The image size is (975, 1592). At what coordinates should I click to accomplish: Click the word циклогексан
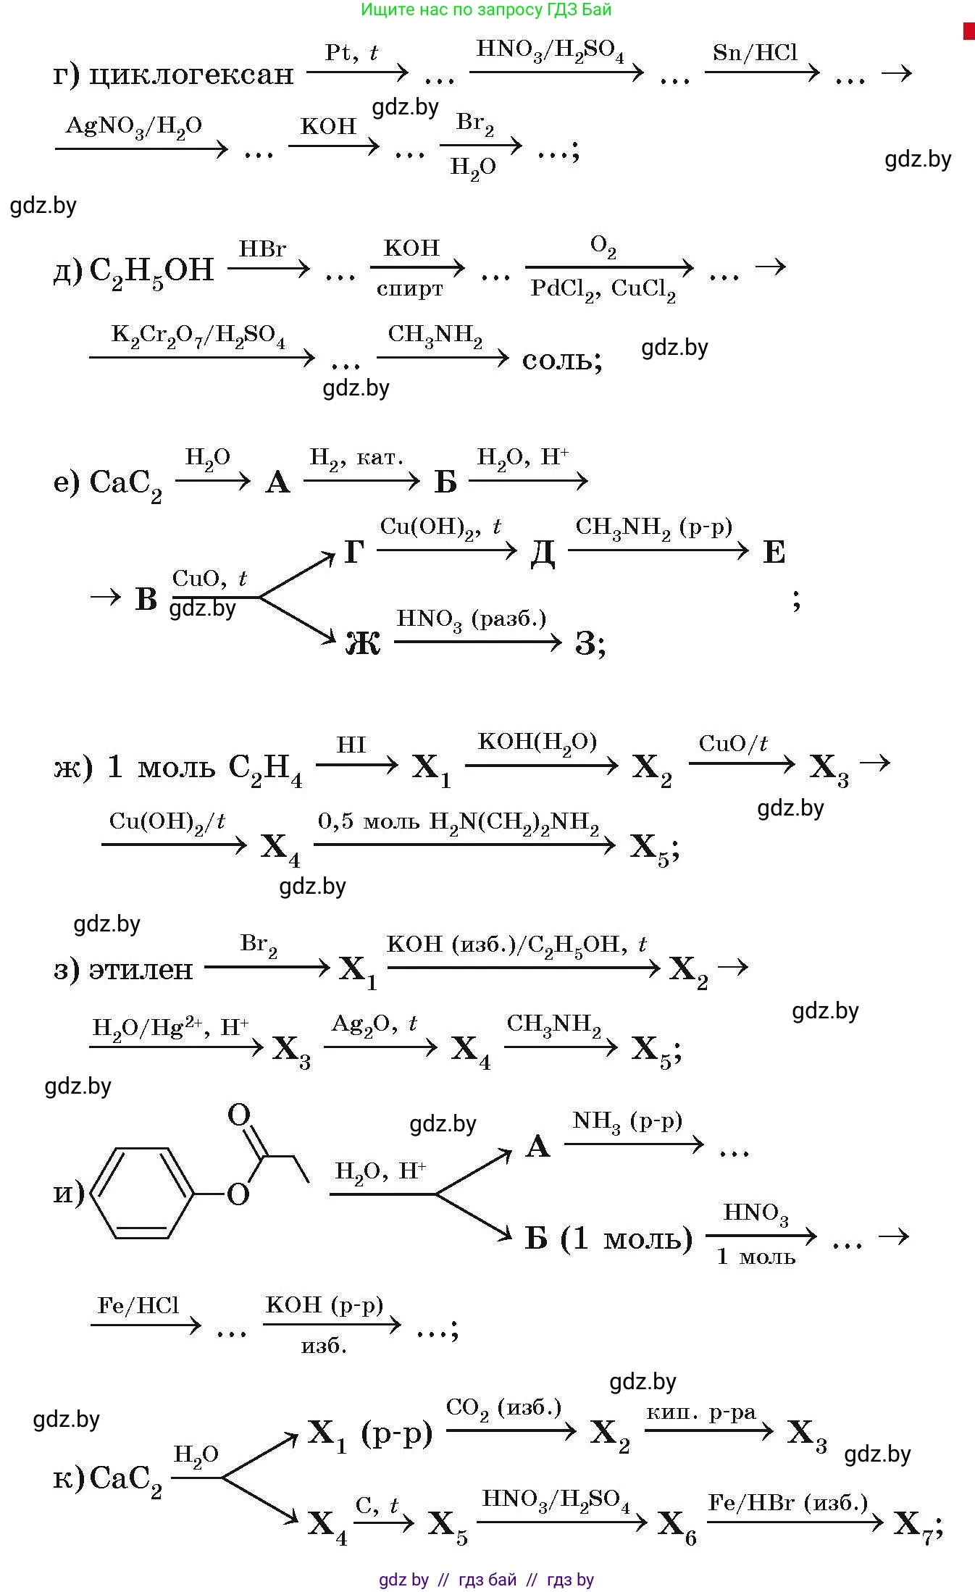coord(191,74)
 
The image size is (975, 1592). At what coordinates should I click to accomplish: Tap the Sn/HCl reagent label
coord(755,53)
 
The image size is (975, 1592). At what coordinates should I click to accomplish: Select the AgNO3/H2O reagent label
coord(134,127)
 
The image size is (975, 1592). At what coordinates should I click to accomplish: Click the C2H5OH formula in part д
coord(151,271)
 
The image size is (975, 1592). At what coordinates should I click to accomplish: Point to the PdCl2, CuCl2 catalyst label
coord(603,290)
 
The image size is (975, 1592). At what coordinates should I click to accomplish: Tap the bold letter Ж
coord(363,642)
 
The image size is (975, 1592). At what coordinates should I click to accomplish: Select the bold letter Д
coord(543,553)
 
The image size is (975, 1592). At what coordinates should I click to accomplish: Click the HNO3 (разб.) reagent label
coord(472,619)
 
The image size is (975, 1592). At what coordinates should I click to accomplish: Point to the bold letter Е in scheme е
coord(774,553)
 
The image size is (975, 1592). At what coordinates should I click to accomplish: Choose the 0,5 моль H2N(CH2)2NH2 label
coord(459,823)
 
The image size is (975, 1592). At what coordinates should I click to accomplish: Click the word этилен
coord(141,969)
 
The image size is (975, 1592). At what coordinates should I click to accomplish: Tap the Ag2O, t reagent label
coord(374,1024)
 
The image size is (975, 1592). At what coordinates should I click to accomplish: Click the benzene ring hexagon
coord(143,1193)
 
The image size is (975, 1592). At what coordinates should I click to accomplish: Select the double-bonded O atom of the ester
coord(238,1115)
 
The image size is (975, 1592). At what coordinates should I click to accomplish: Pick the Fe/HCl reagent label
coord(138,1305)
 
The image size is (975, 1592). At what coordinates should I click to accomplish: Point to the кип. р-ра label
coord(700,1412)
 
